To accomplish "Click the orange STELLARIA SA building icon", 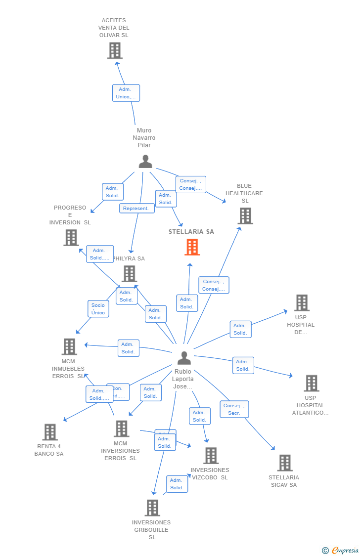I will tap(192, 247).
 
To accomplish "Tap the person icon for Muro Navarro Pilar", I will tap(145, 162).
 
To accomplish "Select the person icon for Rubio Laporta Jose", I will tap(184, 358).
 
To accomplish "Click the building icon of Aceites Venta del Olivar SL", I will tap(115, 50).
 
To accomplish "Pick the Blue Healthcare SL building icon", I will tap(245, 216).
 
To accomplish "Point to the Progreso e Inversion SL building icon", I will tap(71, 238).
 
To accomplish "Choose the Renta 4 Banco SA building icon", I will tap(50, 432).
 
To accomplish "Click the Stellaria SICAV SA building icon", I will tap(285, 463).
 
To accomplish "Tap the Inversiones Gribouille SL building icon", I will tap(152, 508).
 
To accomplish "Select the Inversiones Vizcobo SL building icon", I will tap(211, 456).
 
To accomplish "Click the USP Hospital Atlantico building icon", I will tap(311, 383).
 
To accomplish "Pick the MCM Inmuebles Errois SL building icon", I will tap(69, 346).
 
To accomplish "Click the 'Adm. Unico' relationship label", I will tap(126, 93).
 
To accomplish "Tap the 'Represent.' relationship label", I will tap(136, 209).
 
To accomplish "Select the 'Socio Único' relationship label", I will tap(98, 309).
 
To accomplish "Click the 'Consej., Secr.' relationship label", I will tap(234, 409).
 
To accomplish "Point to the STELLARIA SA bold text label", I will tap(191, 232).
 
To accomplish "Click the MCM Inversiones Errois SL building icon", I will tap(121, 428).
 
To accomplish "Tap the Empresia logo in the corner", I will tap(341, 550).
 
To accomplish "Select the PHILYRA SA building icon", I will tap(129, 273).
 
